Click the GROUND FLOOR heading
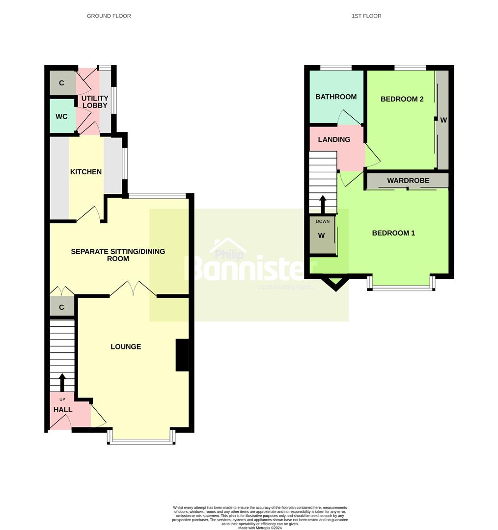[109, 16]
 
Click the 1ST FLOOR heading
[366, 16]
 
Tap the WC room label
[61, 117]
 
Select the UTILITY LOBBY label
[95, 102]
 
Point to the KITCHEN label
[86, 172]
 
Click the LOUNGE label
[126, 346]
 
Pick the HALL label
[63, 410]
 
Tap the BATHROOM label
[336, 97]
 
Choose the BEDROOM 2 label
[402, 99]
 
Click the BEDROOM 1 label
[393, 233]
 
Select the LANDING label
[334, 139]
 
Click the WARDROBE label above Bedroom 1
[408, 181]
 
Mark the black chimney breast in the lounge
[182, 355]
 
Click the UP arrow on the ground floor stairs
[62, 382]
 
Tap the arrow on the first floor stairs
[323, 204]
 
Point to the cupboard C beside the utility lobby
[62, 83]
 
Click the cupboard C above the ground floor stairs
[62, 308]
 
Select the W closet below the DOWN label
[322, 236]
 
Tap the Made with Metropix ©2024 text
[260, 528]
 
